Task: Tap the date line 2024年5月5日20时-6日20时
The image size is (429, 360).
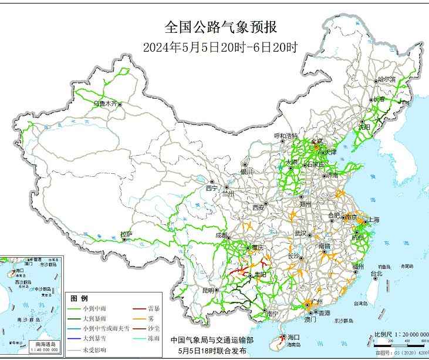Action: point(220,48)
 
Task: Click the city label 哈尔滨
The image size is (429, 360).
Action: point(387,79)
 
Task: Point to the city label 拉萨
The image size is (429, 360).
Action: point(126,234)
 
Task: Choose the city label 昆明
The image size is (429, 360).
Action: point(208,290)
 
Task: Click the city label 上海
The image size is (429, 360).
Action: point(373,220)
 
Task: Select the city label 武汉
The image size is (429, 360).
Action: point(301,233)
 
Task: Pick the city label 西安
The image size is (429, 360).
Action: point(259,207)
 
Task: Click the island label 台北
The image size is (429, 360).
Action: point(376,274)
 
